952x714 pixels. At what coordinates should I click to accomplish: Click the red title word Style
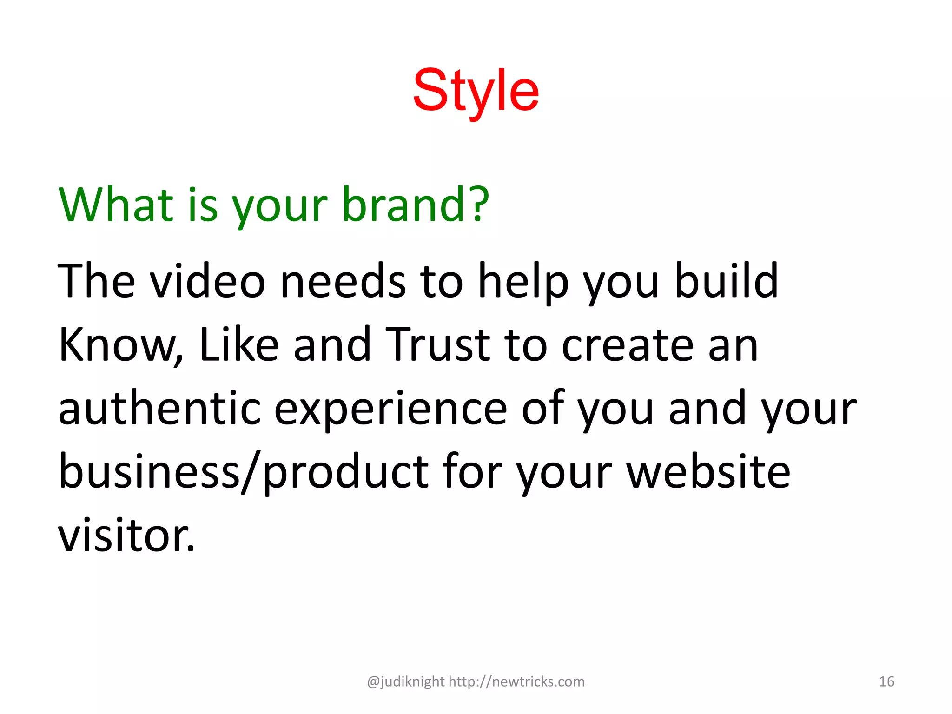point(476,91)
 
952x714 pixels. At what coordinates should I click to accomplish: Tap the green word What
point(116,205)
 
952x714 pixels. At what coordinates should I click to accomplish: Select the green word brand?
point(415,205)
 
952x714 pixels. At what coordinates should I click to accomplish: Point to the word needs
point(343,281)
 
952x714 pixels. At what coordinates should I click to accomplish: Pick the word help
point(523,282)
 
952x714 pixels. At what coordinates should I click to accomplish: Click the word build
point(726,281)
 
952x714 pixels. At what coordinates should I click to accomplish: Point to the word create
point(628,345)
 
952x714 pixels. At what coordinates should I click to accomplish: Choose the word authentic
point(159,408)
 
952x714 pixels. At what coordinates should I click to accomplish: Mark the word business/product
point(244,472)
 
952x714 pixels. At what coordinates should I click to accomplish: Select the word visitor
point(126,535)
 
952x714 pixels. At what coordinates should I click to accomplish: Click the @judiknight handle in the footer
point(405,681)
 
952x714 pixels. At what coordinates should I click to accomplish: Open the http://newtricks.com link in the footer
point(516,681)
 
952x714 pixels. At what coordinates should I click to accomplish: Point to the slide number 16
point(886,681)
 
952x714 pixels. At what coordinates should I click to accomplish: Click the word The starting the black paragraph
point(96,281)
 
